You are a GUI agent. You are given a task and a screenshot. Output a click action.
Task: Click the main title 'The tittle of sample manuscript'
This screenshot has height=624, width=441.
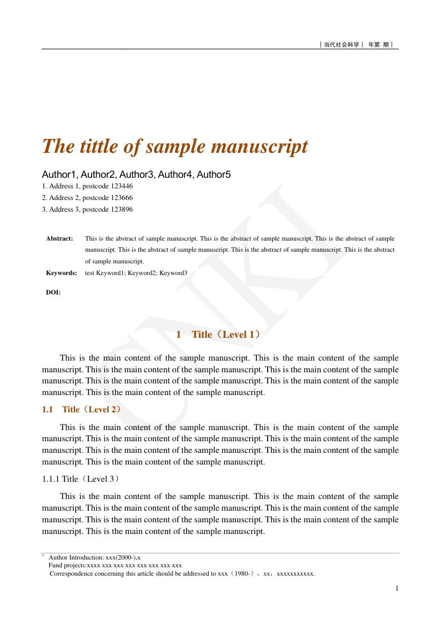pos(175,147)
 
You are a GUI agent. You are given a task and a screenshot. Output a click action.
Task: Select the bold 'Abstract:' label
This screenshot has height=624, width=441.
pos(59,238)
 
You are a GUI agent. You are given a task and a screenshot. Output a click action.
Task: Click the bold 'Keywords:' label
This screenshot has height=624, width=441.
pos(61,273)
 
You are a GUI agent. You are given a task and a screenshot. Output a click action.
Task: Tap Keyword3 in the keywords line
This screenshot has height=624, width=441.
pos(173,273)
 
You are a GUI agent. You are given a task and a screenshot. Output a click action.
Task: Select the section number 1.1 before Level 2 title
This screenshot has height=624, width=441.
pos(47,410)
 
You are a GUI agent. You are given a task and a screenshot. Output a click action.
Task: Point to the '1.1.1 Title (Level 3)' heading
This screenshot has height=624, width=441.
pos(81,478)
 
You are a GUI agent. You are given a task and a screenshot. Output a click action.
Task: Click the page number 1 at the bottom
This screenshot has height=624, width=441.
pos(397,588)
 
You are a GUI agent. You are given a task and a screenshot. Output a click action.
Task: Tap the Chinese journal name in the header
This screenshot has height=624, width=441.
pos(342,44)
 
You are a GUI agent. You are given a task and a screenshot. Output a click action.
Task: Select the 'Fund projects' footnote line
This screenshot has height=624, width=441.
pos(115,565)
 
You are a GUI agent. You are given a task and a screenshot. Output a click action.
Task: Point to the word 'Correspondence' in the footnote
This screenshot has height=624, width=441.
pos(72,574)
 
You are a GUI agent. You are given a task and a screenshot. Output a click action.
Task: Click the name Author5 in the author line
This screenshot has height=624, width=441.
pos(214,175)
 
